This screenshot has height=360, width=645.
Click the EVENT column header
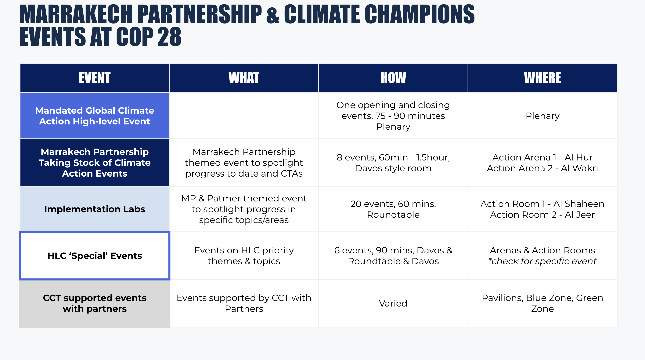[95, 78]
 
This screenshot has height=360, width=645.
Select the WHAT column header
[244, 78]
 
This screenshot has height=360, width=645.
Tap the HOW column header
[393, 78]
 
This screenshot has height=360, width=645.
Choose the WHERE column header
[542, 78]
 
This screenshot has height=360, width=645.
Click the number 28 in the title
[170, 37]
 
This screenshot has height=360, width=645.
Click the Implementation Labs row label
[95, 209]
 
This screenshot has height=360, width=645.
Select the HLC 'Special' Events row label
[95, 256]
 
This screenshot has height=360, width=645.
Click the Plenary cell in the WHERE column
[542, 116]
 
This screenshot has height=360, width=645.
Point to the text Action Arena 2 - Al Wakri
[542, 168]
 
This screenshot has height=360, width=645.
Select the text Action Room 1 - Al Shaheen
[542, 204]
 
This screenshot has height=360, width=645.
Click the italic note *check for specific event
[542, 261]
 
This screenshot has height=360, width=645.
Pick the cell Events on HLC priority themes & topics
[244, 256]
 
